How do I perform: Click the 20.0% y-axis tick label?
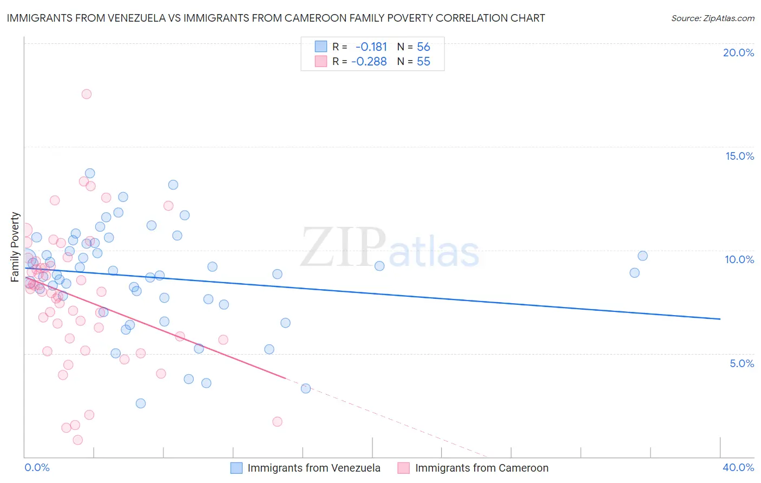coord(738,53)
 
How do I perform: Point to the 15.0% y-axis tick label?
coord(739,156)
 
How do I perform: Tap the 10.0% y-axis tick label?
coord(739,259)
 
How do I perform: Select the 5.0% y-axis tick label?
coord(742,363)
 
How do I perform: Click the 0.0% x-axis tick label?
coord(37,467)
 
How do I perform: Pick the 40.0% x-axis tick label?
coord(738,467)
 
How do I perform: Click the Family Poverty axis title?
coord(15,247)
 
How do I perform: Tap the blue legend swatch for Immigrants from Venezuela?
coord(237,468)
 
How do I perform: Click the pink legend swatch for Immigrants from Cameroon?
coord(404,468)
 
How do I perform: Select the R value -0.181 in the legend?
coord(371,47)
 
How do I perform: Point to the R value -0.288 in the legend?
coord(369,62)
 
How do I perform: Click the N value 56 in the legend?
coord(423,47)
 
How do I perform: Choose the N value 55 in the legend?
coord(423,62)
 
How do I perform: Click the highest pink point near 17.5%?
coord(87,94)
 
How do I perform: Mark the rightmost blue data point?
coord(642,256)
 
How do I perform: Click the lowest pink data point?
coord(78,440)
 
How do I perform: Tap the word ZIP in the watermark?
coord(343,248)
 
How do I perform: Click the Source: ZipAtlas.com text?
coord(712,18)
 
